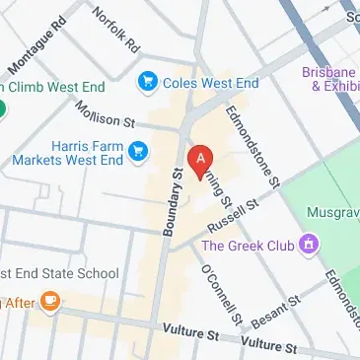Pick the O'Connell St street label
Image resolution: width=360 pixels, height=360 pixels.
(x=220, y=293)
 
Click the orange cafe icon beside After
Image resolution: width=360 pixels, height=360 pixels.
(x=49, y=302)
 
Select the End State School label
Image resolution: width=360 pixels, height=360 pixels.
(x=61, y=273)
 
